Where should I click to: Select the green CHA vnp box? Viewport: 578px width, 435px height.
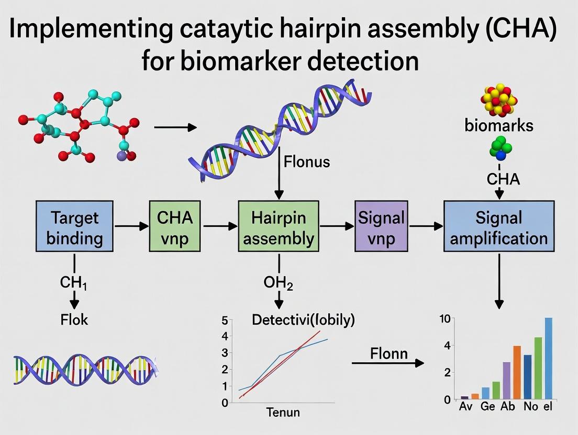pyautogui.click(x=175, y=227)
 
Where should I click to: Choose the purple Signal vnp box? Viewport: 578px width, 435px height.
pyautogui.click(x=381, y=227)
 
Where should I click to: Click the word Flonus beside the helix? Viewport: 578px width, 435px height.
pyautogui.click(x=306, y=162)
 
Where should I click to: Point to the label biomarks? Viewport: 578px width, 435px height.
pyautogui.click(x=498, y=125)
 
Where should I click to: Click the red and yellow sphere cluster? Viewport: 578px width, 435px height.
pyautogui.click(x=498, y=99)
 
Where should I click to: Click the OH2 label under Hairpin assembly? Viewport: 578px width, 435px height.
pyautogui.click(x=279, y=284)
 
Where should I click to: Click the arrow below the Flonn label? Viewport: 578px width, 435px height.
pyautogui.click(x=387, y=362)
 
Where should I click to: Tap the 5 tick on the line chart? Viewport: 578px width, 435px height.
pyautogui.click(x=225, y=320)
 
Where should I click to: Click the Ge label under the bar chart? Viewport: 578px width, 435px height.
pyautogui.click(x=488, y=407)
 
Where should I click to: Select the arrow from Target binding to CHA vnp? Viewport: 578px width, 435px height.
pyautogui.click(x=131, y=227)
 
